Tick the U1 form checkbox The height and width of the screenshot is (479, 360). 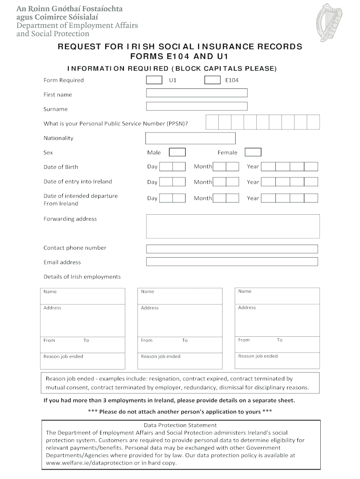pos(154,80)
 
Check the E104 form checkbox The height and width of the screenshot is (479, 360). pos(212,80)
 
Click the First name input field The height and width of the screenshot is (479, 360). pos(197,93)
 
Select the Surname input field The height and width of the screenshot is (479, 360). pos(197,107)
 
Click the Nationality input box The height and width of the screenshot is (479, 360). pos(190,138)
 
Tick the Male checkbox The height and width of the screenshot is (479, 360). pos(177,152)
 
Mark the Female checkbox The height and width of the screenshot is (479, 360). pos(253,152)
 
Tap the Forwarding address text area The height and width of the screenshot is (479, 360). pos(233,226)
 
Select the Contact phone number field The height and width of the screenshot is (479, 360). pos(232,249)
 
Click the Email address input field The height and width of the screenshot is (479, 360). pos(232,261)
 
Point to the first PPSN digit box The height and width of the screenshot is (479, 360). pos(212,123)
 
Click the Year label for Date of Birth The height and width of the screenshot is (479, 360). pos(253,167)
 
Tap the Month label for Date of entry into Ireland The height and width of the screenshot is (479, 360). pos(203,182)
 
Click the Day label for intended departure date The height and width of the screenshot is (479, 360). pos(152,198)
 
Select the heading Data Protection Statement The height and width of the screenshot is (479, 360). pos(180,425)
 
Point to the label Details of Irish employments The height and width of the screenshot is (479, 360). pos(82,277)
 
